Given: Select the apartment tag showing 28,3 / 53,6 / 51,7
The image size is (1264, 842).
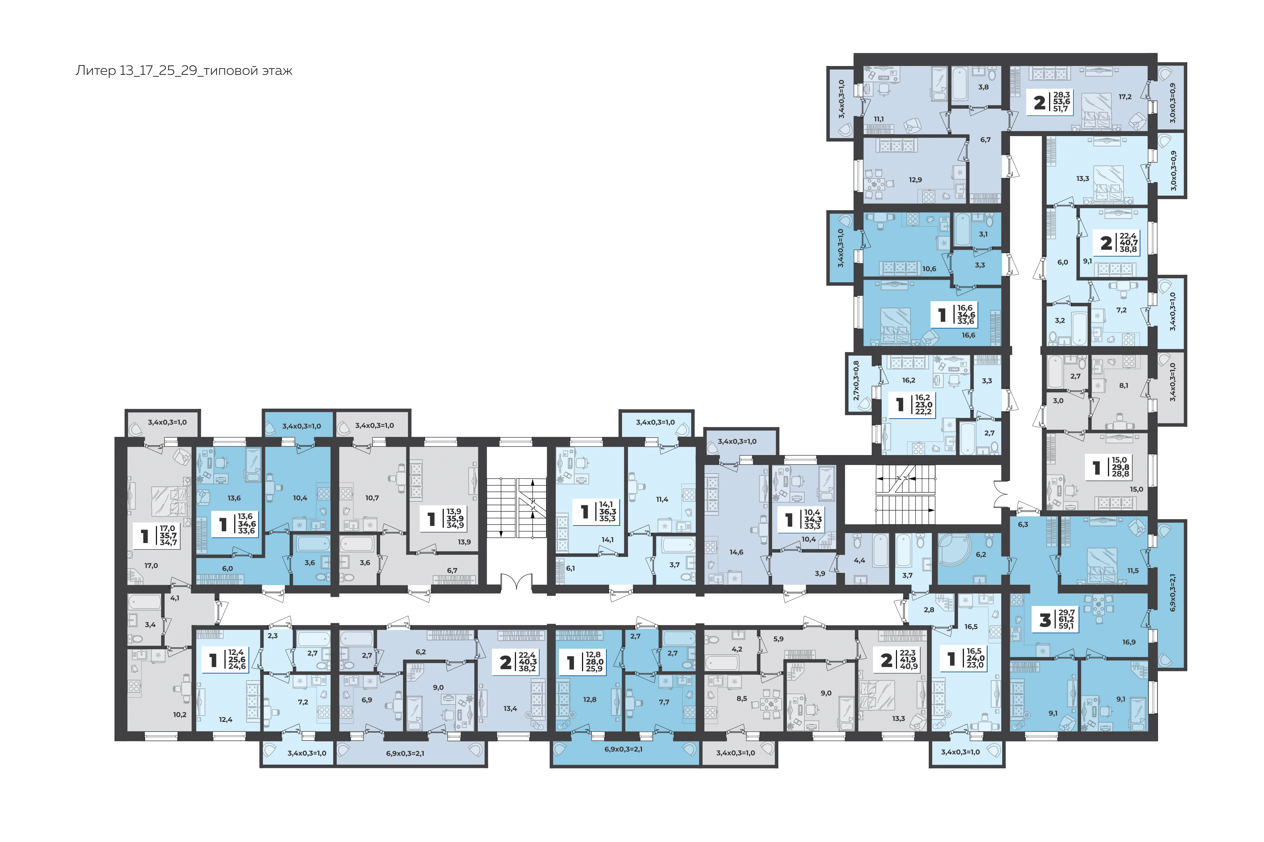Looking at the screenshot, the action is tap(1051, 102).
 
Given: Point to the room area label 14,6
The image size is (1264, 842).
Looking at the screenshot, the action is tap(736, 552).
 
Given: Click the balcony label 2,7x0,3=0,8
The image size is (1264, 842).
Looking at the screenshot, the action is tap(856, 381).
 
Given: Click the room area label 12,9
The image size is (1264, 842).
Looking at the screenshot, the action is tap(915, 180).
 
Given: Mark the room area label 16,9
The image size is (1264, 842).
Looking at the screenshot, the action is tap(1128, 642).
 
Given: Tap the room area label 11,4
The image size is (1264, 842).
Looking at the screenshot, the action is tap(662, 500).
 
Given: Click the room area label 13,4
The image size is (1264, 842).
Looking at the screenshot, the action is tap(510, 709).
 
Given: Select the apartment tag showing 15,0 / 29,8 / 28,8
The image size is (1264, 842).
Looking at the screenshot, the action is tap(1109, 467).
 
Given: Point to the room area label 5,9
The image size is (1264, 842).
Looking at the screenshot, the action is tap(778, 639).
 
